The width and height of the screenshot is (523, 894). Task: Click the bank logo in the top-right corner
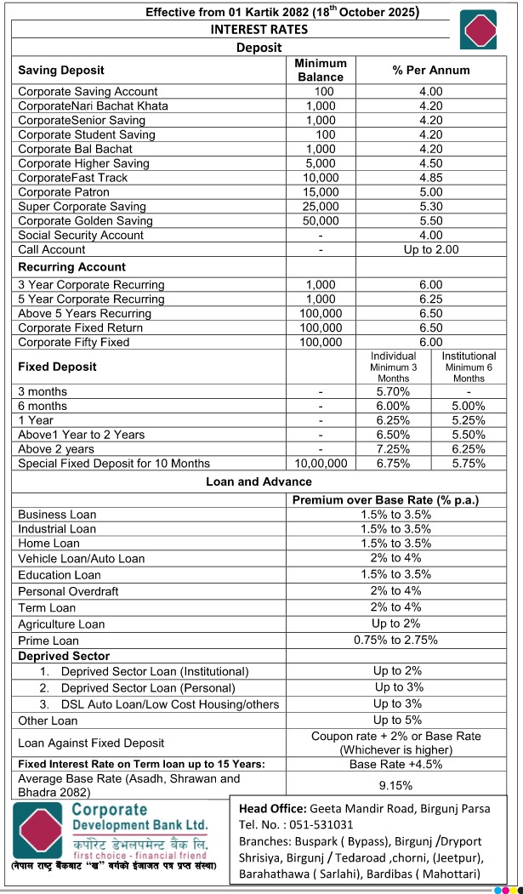click(x=478, y=30)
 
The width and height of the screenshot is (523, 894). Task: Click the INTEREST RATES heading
click(x=259, y=29)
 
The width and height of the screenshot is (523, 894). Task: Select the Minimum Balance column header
click(x=321, y=70)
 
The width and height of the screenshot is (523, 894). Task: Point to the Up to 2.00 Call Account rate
click(x=430, y=249)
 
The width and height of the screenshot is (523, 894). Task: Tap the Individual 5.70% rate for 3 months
click(x=393, y=391)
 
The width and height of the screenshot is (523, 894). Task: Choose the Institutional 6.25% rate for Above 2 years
click(x=469, y=448)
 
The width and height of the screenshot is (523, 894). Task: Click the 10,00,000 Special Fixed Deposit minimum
click(x=321, y=464)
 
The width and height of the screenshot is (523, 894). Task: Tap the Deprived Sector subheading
click(x=64, y=656)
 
